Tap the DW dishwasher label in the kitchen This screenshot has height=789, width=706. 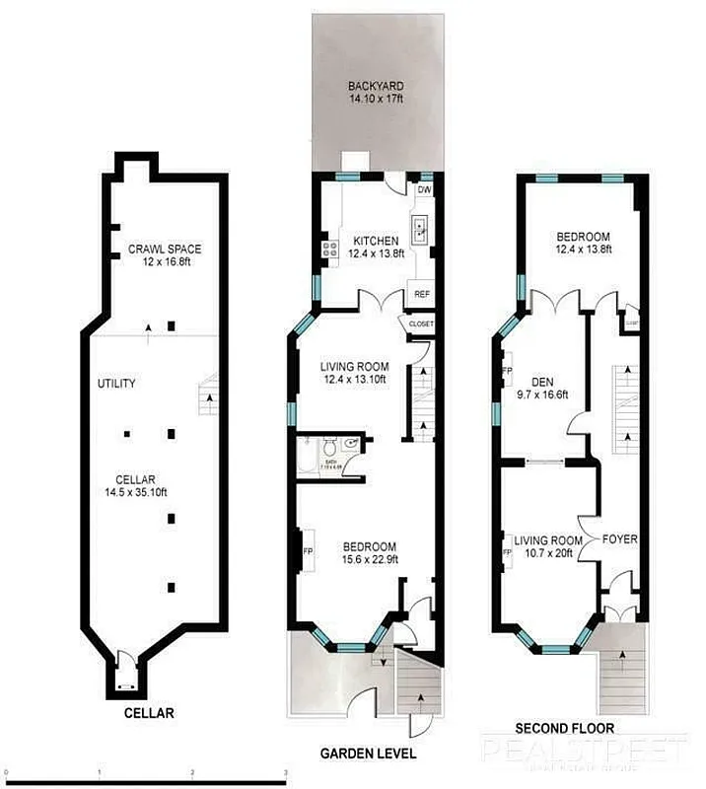click(425, 190)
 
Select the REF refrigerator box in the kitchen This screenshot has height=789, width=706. click(421, 294)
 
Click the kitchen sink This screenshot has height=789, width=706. click(420, 232)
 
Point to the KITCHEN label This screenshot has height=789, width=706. click(376, 241)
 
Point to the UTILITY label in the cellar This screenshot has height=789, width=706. click(116, 384)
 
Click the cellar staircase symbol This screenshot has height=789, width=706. click(209, 396)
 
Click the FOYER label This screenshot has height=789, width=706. click(621, 539)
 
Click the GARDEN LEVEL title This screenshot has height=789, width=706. click(368, 753)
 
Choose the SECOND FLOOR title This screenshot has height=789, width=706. click(566, 729)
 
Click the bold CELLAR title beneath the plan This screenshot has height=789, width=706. click(149, 713)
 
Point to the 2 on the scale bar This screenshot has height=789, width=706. click(193, 773)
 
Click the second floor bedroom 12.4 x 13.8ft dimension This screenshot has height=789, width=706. click(583, 251)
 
